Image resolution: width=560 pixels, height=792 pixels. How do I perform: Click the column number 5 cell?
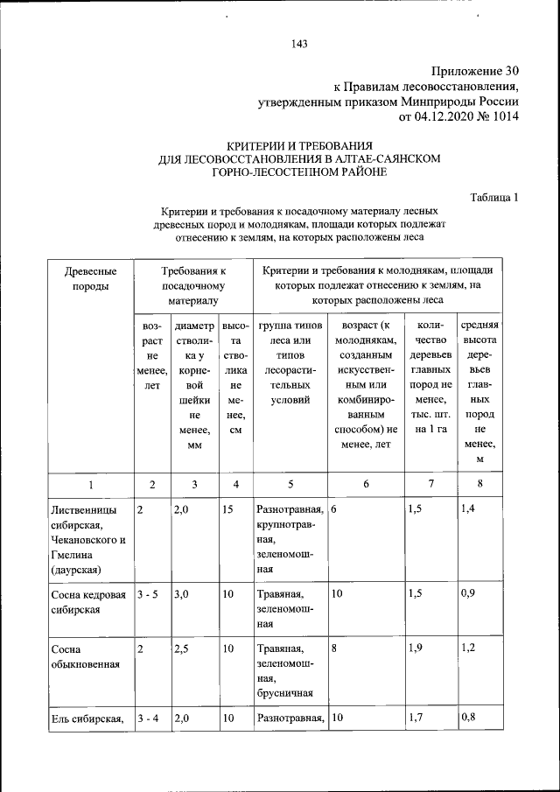point(290,484)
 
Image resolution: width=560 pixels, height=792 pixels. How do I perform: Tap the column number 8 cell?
point(479,484)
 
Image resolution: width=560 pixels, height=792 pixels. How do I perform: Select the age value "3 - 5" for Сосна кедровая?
point(150,594)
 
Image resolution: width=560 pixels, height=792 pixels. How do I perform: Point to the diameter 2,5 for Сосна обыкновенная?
point(182,648)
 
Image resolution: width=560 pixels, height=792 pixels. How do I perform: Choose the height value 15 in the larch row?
point(227,508)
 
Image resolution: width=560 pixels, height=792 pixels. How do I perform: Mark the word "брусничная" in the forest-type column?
point(284,695)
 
